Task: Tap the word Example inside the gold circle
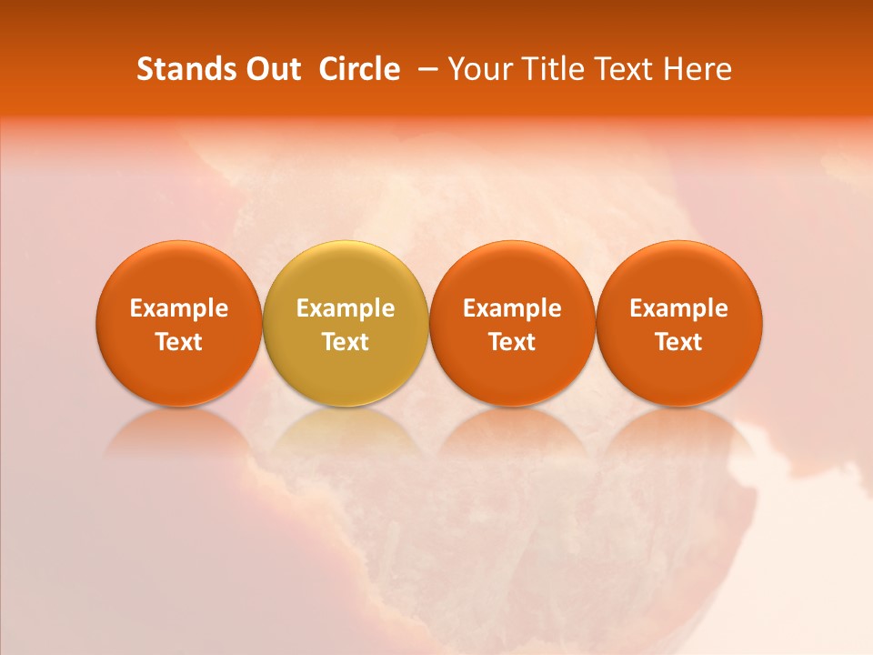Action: click(346, 308)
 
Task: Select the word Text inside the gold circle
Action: click(346, 342)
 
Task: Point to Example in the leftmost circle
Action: click(178, 308)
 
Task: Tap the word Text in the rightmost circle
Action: click(679, 342)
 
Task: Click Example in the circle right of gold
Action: click(512, 308)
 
